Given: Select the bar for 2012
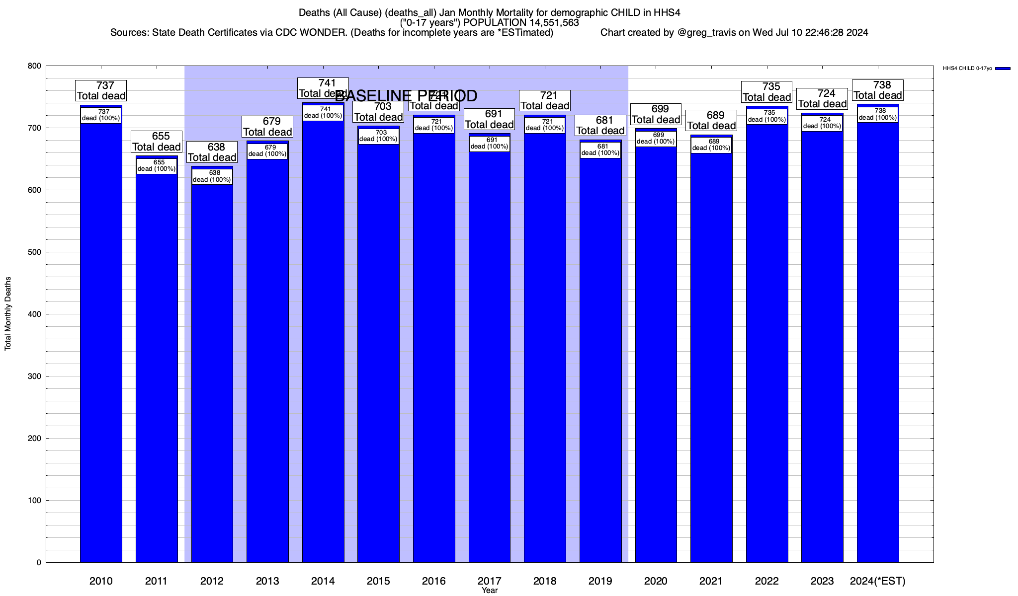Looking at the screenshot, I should coord(212,372).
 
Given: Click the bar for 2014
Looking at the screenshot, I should coord(323,348).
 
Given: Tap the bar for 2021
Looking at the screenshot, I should coord(711,358).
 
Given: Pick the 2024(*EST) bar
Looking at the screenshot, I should coord(878,348).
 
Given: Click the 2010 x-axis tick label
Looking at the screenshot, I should coord(101,581).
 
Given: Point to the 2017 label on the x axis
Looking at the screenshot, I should coord(490,581).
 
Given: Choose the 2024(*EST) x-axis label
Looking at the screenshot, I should coord(878,581).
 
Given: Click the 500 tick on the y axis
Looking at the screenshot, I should coord(35,252).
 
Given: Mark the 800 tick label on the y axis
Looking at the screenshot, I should coord(35,66).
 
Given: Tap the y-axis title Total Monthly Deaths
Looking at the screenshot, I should coord(8,314).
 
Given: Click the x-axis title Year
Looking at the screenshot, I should coord(490,591).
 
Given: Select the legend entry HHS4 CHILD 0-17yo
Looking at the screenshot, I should coord(967,69).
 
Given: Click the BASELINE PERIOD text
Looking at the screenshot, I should coord(406,95).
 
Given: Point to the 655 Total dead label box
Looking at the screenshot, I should coord(157,142).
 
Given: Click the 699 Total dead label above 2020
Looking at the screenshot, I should coord(656,114).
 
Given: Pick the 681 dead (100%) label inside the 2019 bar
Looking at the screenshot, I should coord(600,150).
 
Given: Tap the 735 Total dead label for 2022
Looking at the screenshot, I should coord(766,92).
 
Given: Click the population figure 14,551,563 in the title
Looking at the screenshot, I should coord(549,22).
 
